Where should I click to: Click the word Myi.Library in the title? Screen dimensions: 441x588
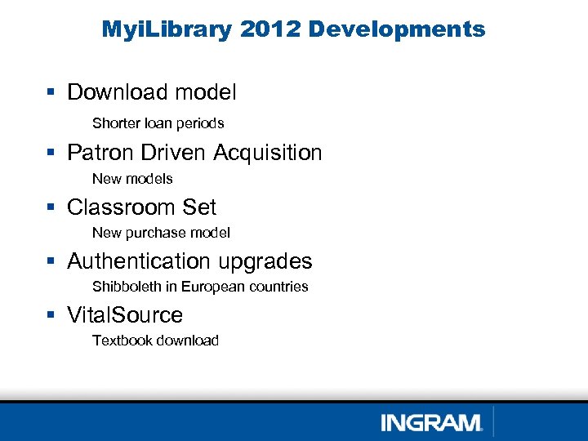[167, 30]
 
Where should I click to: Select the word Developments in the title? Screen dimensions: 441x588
[397, 30]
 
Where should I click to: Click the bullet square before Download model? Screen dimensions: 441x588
[51, 93]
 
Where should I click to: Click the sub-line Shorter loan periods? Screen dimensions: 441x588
[158, 123]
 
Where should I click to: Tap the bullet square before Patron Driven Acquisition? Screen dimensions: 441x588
[51, 153]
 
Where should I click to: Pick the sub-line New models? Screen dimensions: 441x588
[132, 178]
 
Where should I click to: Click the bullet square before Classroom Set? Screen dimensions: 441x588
[51, 207]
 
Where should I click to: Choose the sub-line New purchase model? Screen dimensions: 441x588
[161, 233]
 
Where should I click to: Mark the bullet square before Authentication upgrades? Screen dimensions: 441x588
[51, 261]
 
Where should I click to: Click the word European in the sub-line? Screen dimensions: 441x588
[210, 287]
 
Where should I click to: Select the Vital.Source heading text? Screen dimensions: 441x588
[125, 315]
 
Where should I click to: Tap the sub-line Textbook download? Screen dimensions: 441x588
[155, 341]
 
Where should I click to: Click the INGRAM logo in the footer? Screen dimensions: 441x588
[432, 422]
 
